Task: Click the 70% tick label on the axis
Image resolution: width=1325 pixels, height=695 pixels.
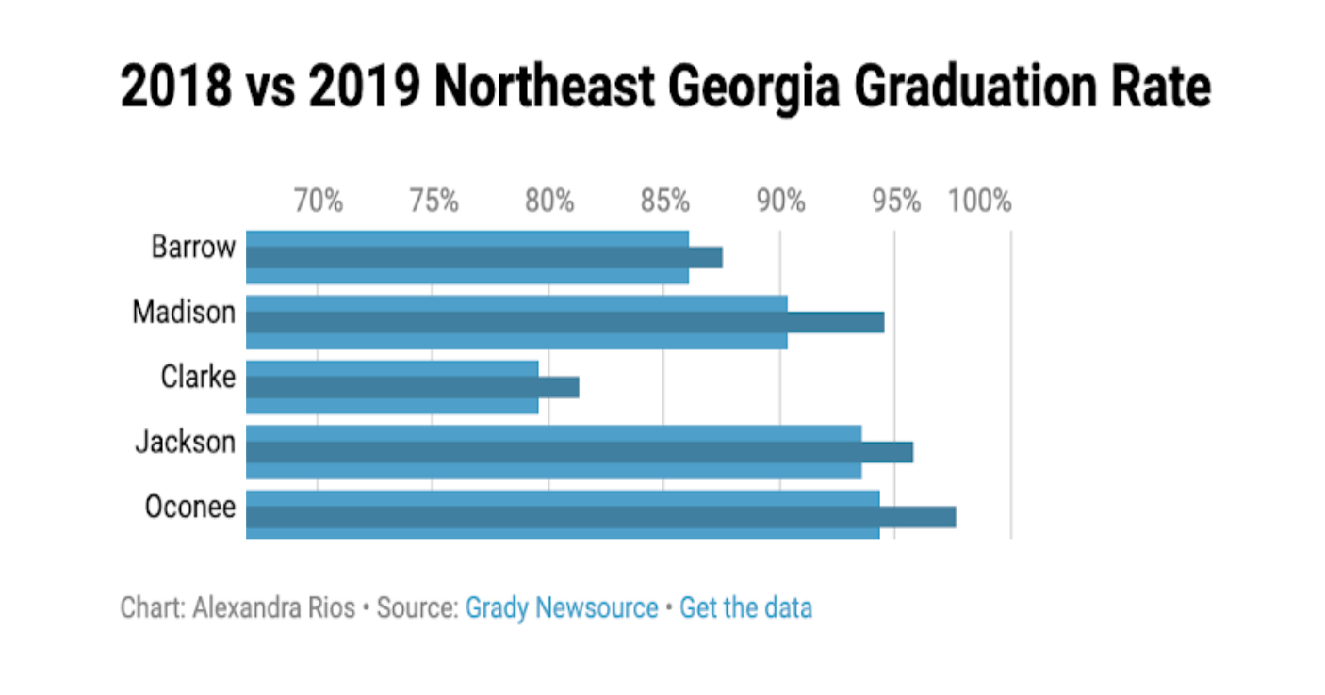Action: tap(319, 201)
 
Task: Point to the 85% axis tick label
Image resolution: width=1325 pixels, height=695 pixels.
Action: tap(665, 201)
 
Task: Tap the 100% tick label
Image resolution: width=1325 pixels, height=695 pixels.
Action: tap(980, 201)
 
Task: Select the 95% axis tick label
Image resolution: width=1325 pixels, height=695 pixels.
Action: tap(895, 201)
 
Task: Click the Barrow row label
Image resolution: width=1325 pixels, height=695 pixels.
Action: tap(193, 248)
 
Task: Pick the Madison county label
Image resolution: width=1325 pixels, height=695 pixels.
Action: tap(184, 313)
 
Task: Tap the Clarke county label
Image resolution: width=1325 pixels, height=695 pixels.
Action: tap(198, 378)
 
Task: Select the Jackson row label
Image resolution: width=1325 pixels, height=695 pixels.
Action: tap(185, 442)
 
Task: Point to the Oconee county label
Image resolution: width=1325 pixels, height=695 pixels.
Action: tap(189, 507)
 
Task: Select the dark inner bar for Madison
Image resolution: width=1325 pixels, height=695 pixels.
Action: tap(565, 322)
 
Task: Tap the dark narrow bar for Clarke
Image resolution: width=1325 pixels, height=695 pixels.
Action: tap(413, 387)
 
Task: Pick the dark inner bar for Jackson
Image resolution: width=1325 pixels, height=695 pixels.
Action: tap(580, 452)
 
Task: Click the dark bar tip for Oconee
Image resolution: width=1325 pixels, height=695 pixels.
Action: tap(919, 517)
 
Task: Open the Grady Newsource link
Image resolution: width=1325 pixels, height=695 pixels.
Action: tap(562, 608)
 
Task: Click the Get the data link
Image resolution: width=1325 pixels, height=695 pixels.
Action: tap(745, 608)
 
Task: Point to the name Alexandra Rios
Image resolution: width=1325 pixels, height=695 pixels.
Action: tap(273, 608)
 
